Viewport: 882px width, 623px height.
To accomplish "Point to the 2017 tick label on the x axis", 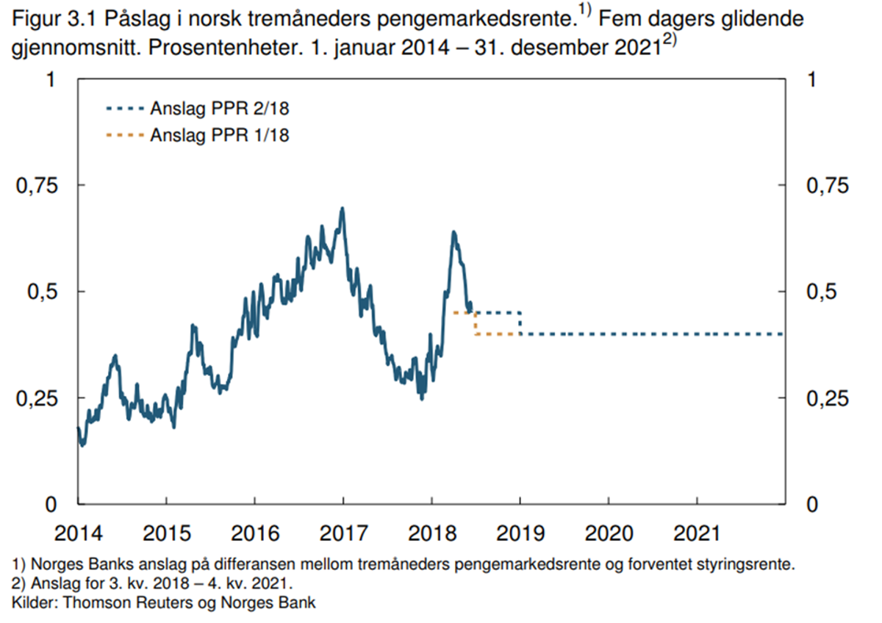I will [x=343, y=531].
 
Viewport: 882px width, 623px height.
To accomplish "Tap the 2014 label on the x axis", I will [x=77, y=531].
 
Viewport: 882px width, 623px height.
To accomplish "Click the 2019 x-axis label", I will [x=520, y=531].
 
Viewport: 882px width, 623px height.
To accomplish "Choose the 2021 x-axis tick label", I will [x=697, y=531].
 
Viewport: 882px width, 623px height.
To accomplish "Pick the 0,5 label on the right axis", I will [x=822, y=292].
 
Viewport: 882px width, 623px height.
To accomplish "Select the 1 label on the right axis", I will [x=811, y=79].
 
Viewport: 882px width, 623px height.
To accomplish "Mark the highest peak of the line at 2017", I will [x=342, y=209].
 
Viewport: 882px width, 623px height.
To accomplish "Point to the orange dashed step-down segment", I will [x=476, y=323].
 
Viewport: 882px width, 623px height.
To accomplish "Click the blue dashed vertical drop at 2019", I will [x=520, y=323].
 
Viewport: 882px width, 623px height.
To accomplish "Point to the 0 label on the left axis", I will [x=51, y=505].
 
